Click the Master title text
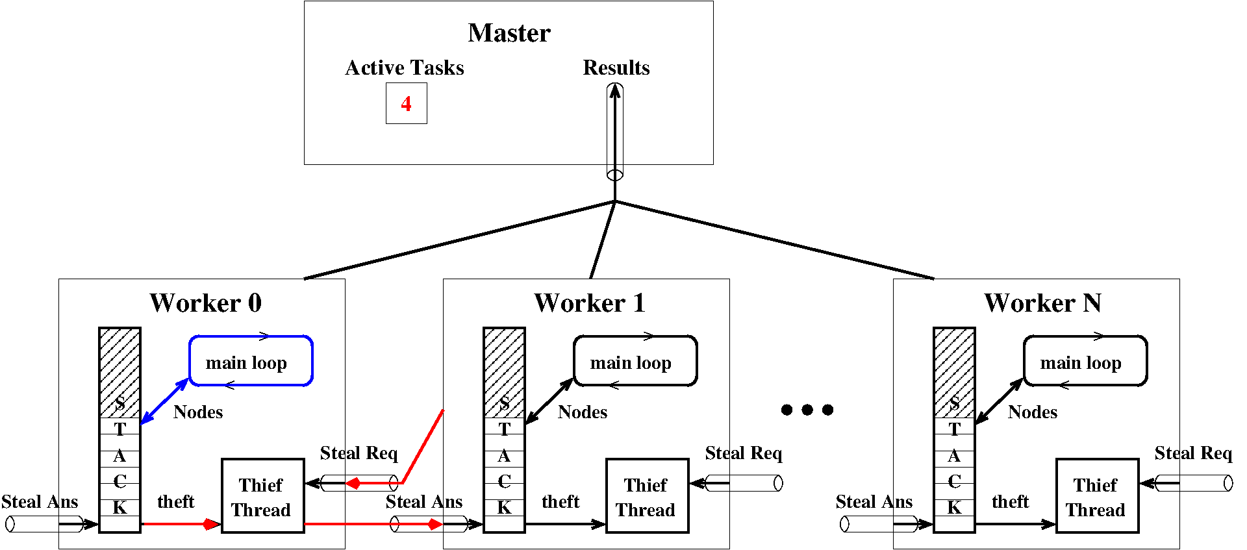click(509, 33)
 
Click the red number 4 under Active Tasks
click(406, 104)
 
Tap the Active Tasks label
click(404, 68)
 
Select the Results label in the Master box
click(616, 68)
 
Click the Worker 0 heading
click(205, 303)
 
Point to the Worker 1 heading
click(590, 303)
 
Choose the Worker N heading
click(1042, 303)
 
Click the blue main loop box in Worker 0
click(251, 361)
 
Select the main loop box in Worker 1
click(635, 361)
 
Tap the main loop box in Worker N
click(1085, 361)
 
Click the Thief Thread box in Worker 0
click(262, 497)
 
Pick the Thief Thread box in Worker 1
click(647, 497)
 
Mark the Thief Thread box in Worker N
click(1097, 497)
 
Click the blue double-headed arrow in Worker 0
click(164, 401)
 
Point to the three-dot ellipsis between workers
click(807, 410)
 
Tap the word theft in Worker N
click(1010, 501)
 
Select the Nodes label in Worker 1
click(583, 412)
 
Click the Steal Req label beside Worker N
click(1193, 453)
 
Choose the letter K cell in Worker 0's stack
click(120, 507)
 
